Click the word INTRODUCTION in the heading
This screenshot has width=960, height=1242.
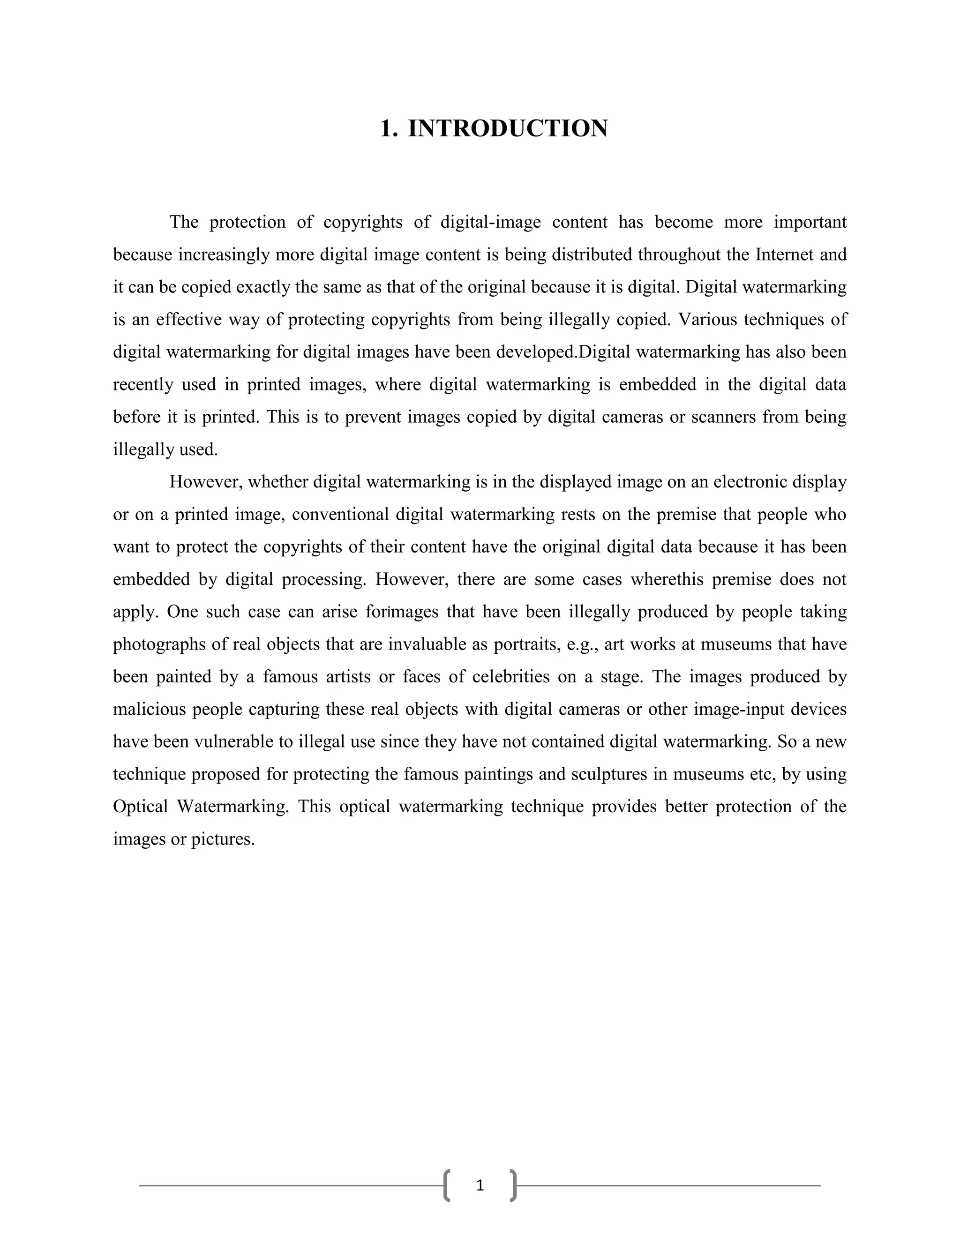coord(507,128)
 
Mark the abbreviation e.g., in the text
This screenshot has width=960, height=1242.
coord(582,644)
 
